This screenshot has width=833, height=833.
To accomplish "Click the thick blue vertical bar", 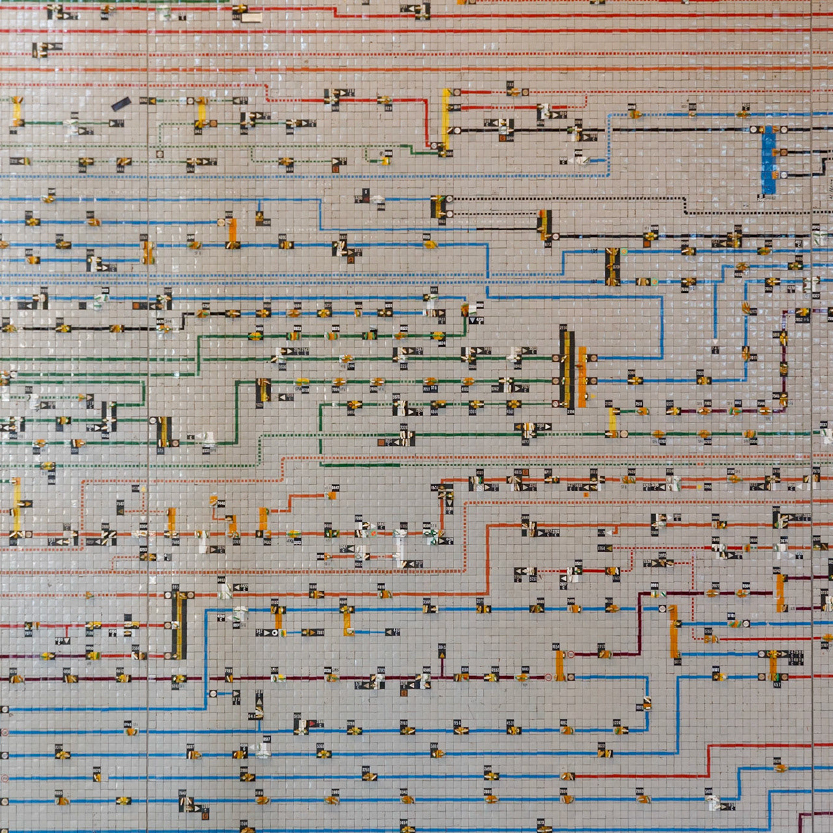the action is (769, 159).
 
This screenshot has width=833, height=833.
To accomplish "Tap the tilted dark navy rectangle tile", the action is (121, 103).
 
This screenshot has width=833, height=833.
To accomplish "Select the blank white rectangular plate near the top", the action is (251, 18).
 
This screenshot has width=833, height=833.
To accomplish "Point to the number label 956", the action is (457, 723).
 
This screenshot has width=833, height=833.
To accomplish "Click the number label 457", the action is (777, 685).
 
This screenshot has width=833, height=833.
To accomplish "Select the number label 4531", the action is (510, 723).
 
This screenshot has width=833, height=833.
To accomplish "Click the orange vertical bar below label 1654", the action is (560, 665).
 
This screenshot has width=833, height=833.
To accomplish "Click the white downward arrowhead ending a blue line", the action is (715, 342).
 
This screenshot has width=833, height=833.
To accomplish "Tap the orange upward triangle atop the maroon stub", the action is (443, 655).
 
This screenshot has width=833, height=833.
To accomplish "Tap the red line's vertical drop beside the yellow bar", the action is (428, 122).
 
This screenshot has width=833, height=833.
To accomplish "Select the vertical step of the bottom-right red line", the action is (708, 760).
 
